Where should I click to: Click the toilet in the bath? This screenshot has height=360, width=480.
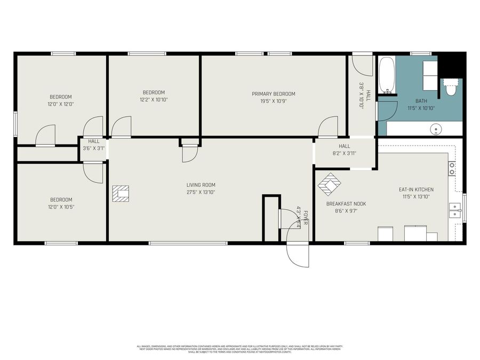pyautogui.click(x=451, y=87)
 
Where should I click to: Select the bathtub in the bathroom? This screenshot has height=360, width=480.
pyautogui.click(x=387, y=76)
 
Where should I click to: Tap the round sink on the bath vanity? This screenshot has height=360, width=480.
pyautogui.click(x=437, y=129)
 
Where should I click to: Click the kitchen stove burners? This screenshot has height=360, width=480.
pyautogui.click(x=452, y=169)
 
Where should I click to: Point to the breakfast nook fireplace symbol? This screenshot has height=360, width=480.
pyautogui.click(x=329, y=185)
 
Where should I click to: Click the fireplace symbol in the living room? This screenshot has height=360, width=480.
pyautogui.click(x=121, y=194)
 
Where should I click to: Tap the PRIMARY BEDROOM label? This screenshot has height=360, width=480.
pyautogui.click(x=273, y=94)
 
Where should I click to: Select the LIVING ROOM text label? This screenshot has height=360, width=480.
pyautogui.click(x=201, y=185)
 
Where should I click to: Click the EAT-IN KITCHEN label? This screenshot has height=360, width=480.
pyautogui.click(x=416, y=189)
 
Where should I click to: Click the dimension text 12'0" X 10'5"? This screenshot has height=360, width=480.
pyautogui.click(x=61, y=207)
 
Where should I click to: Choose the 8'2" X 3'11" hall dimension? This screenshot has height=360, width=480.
pyautogui.click(x=344, y=153)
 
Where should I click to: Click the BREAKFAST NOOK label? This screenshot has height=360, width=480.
pyautogui.click(x=346, y=204)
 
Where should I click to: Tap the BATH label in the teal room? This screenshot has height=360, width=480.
pyautogui.click(x=421, y=101)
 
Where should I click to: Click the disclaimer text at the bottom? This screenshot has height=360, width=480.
pyautogui.click(x=240, y=349)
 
